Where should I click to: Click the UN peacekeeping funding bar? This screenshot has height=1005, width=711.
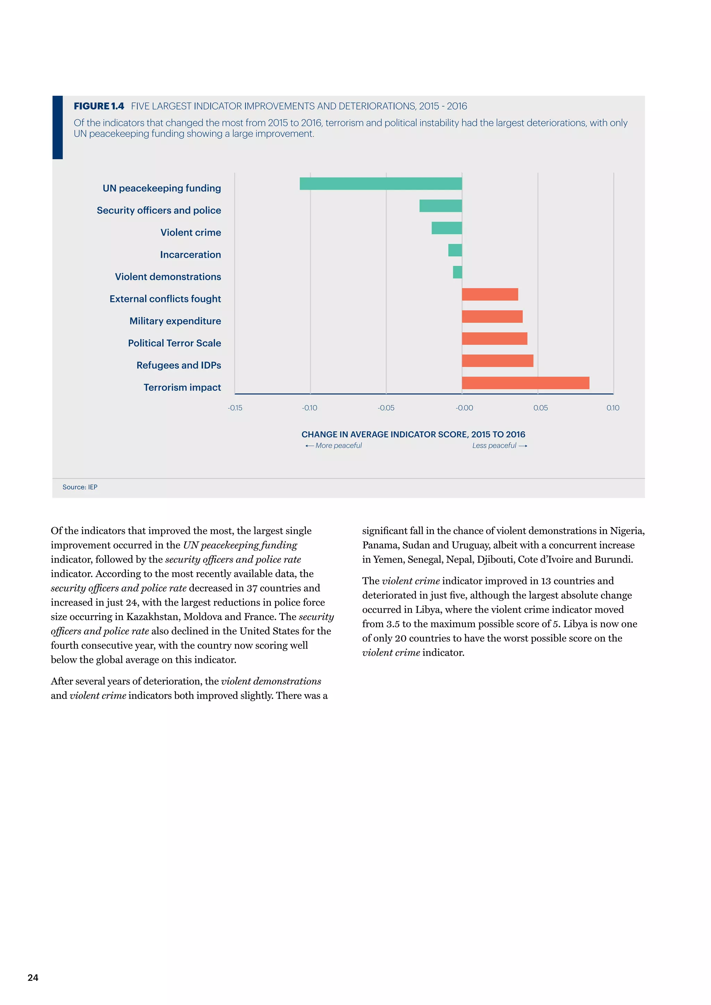380,184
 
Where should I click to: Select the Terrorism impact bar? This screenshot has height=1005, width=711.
525,383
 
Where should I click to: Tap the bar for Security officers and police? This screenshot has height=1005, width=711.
441,206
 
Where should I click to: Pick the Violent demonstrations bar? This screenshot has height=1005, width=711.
458,272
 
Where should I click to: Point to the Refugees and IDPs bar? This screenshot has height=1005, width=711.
497,361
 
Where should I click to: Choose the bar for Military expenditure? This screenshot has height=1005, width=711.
492,316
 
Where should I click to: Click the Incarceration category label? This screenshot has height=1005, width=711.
191,255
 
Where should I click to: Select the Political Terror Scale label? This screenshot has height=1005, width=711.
174,343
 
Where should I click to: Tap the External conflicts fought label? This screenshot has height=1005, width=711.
165,299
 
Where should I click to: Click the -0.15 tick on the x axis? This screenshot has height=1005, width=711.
235,408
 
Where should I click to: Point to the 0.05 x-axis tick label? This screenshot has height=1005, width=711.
540,408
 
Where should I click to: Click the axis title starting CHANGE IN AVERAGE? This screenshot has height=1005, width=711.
413,434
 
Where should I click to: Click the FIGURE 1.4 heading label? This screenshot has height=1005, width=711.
99,107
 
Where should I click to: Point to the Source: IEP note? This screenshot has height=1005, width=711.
80,487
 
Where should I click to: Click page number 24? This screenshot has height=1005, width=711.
33,978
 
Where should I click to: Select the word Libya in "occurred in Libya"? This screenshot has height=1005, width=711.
426,610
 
